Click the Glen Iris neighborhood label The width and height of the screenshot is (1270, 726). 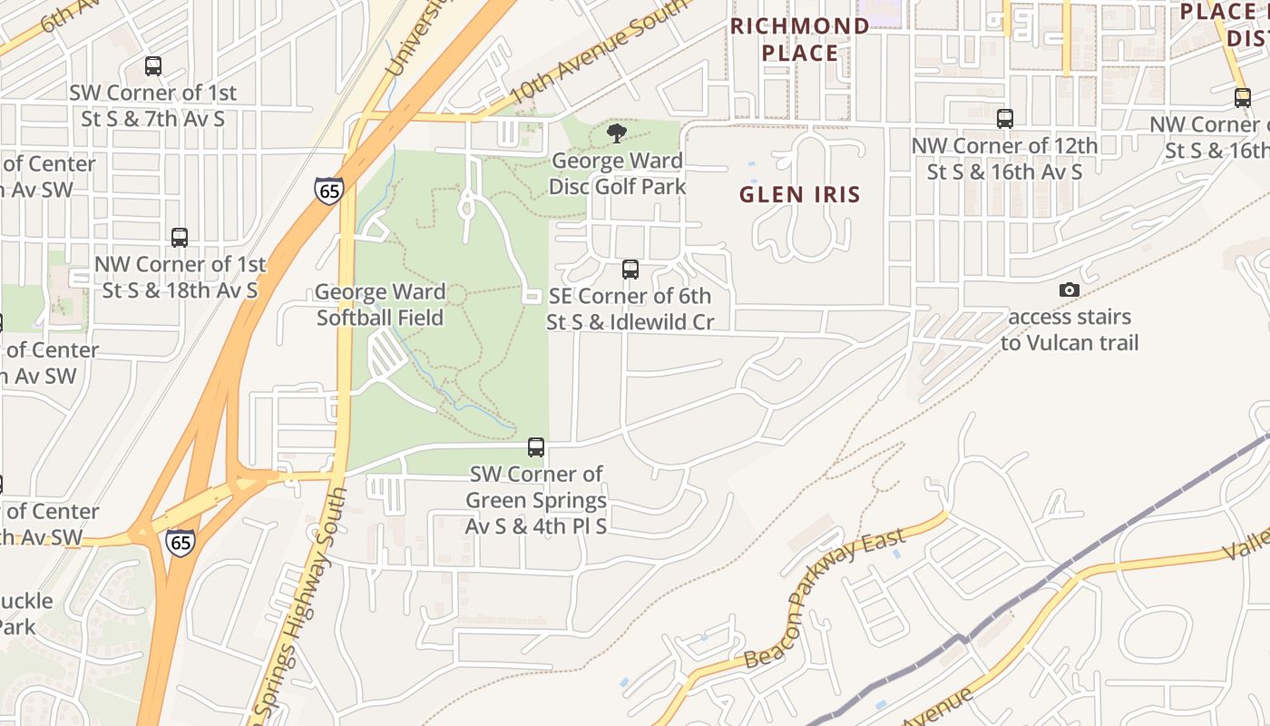799,194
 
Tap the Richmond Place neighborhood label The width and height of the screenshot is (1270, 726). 799,39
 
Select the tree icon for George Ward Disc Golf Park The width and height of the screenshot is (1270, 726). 617,133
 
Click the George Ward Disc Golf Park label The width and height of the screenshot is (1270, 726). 617,173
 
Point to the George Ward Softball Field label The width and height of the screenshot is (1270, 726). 380,305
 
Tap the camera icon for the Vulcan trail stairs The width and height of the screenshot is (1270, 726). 1070,290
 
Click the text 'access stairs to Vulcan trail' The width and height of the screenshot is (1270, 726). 1070,329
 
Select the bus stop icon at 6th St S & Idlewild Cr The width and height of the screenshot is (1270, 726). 630,270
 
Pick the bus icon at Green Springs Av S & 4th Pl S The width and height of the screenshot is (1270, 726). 536,447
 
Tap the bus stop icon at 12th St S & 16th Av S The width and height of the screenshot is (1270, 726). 1005,119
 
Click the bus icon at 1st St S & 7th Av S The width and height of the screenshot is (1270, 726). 153,66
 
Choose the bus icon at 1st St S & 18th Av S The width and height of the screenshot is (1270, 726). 180,238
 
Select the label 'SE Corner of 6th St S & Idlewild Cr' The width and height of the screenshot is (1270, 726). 630,309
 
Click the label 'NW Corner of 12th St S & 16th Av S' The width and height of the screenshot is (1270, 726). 1004,159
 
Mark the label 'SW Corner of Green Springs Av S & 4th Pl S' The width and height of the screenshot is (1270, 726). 536,500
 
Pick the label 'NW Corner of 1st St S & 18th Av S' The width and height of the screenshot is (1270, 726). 180,277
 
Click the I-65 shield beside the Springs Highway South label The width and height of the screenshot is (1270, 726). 180,543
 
